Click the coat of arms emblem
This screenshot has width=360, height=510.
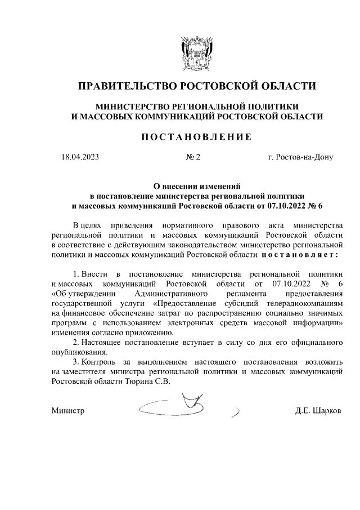pyautogui.click(x=196, y=54)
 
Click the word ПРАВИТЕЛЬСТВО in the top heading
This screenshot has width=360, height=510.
pyautogui.click(x=126, y=86)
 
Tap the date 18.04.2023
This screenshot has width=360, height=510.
pyautogui.click(x=80, y=157)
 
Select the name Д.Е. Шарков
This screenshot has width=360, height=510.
pyautogui.click(x=318, y=411)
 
